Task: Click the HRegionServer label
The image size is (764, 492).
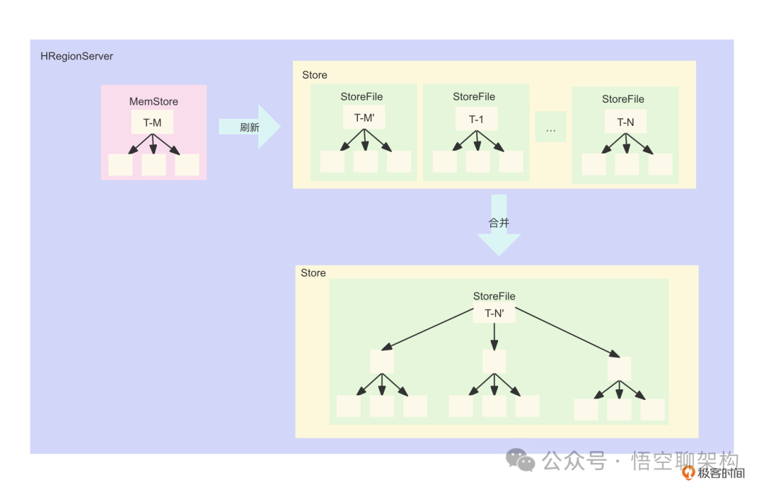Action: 76,56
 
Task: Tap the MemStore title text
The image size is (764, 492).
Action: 154,101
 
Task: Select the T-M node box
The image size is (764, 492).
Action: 153,122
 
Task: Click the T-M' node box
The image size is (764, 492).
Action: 364,118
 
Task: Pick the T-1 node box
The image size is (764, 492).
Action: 476,119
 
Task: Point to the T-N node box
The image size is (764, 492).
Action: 625,122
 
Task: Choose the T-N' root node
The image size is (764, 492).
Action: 494,312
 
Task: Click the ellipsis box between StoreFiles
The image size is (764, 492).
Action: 550,127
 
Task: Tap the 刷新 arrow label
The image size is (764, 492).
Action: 250,127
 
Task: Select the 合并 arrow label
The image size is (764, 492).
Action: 499,222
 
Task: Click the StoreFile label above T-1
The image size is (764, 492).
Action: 474,96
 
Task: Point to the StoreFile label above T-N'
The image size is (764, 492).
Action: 494,296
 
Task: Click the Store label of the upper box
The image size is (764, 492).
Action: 315,75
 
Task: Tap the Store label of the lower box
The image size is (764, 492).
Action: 313,273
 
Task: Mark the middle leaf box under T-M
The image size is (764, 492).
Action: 154,165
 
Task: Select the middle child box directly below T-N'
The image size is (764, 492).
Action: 494,362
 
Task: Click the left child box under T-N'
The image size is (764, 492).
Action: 382,362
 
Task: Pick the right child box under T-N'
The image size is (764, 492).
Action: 619,368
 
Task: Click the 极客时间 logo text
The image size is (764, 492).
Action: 721,473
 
